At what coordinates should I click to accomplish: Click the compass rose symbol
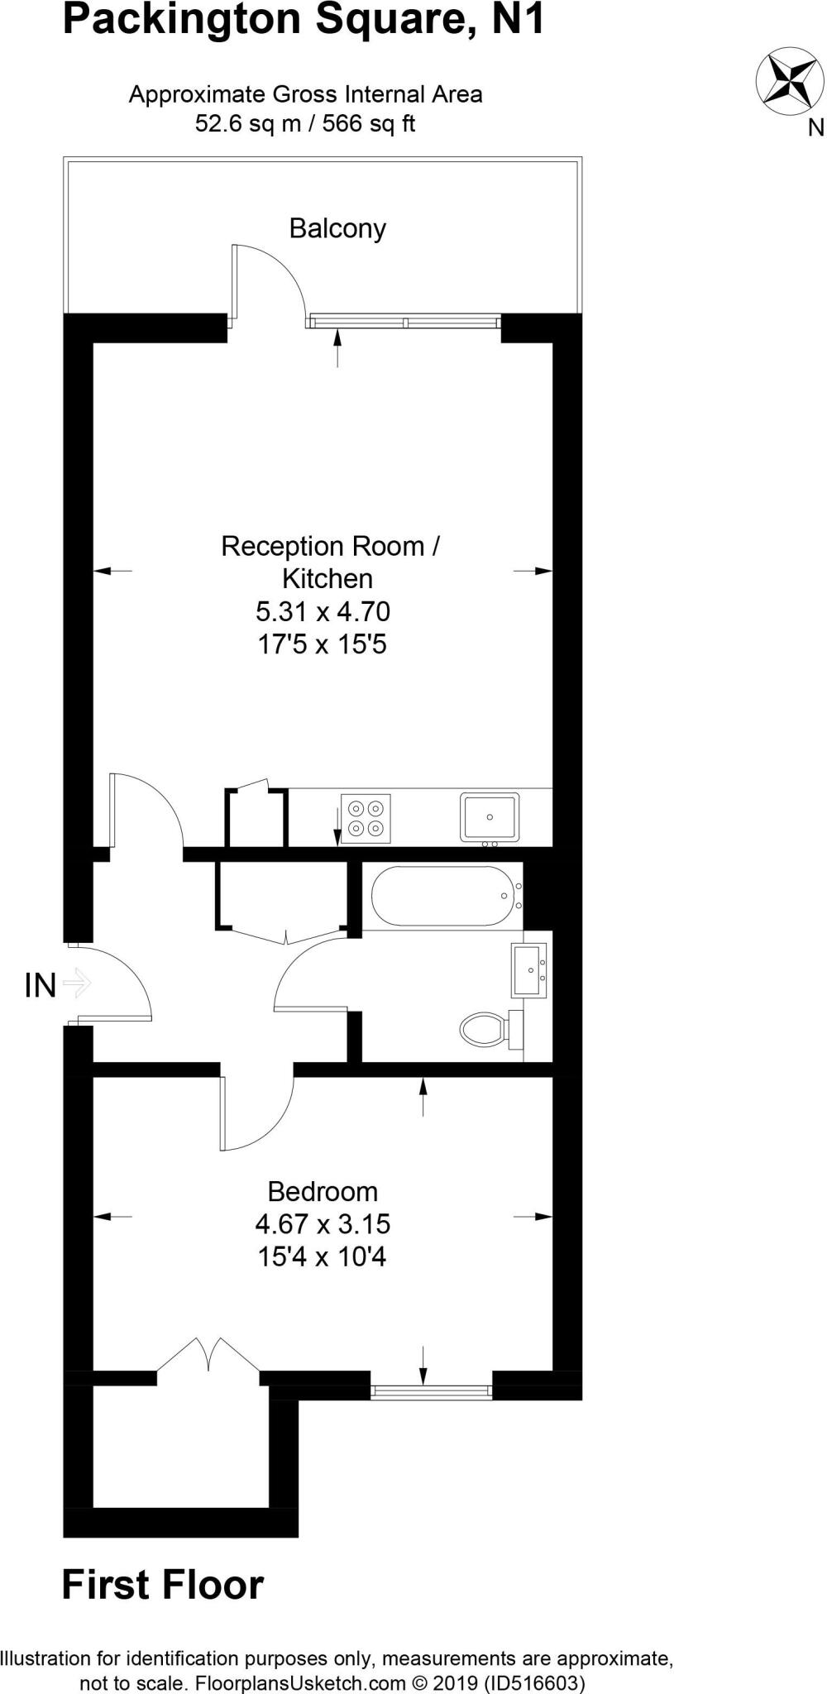pos(791,81)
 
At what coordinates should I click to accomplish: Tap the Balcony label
pos(337,228)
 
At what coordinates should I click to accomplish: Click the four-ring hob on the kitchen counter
pos(366,817)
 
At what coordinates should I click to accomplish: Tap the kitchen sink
pos(490,817)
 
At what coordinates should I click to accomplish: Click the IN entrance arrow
pos(76,983)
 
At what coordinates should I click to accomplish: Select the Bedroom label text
pos(323,1192)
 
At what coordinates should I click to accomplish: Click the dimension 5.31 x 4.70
pos(323,612)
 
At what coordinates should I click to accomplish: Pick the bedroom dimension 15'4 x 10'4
pos(323,1257)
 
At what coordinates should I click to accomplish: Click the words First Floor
pos(163,1586)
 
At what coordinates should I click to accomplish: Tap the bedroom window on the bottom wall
pos(431,1392)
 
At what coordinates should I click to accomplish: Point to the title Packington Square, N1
pos(304,20)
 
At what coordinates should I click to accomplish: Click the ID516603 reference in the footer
pos(535,1682)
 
